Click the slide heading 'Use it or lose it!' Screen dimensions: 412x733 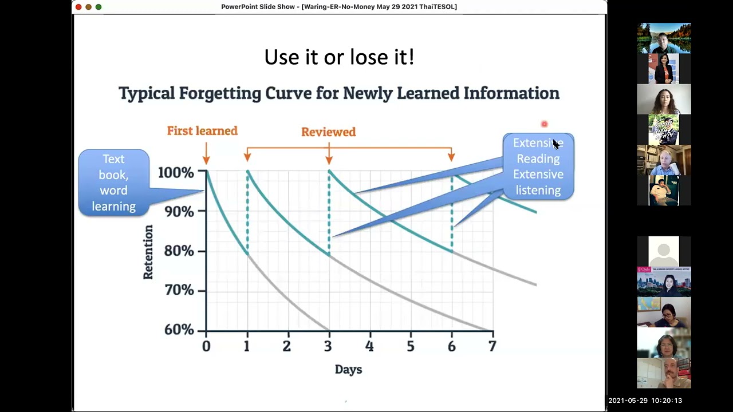[x=339, y=57]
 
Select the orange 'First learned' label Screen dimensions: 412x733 [x=202, y=131]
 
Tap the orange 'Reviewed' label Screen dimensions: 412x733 [x=328, y=132]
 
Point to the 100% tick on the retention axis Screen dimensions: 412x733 [x=179, y=172]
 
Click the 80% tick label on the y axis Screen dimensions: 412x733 [x=179, y=251]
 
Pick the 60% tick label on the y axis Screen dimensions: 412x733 [x=179, y=330]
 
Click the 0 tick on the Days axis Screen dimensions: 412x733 [x=206, y=346]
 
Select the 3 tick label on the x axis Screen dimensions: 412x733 [x=328, y=346]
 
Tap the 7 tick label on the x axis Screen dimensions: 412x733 [x=492, y=346]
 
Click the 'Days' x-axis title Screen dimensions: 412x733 [x=348, y=370]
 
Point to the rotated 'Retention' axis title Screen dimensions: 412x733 [x=148, y=252]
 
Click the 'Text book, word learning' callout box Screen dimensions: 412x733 [x=113, y=183]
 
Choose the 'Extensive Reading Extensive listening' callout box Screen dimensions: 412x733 [x=538, y=167]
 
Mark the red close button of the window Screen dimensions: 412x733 [x=78, y=7]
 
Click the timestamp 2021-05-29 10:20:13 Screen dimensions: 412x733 [x=645, y=401]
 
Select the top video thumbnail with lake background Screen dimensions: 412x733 [x=664, y=38]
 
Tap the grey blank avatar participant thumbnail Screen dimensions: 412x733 [x=664, y=251]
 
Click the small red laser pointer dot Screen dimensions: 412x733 [x=545, y=124]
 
